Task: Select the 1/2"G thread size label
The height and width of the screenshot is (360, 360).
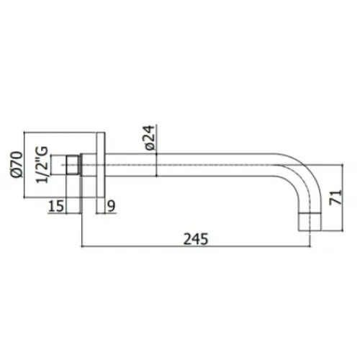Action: [44, 164]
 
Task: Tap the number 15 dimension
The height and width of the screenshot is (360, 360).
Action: [57, 207]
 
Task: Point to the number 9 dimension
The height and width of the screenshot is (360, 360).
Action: [111, 207]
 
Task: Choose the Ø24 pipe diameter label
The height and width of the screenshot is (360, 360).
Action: [149, 137]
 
